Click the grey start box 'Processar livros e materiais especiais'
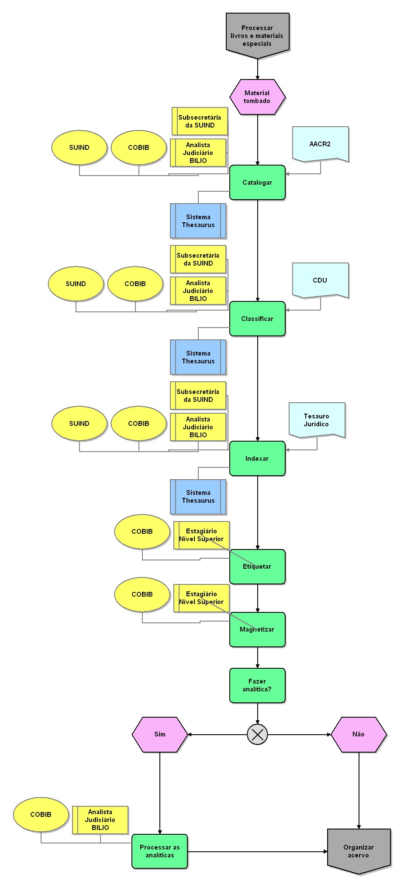pos(257,35)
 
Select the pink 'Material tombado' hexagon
pos(257,97)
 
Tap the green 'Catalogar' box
pos(257,183)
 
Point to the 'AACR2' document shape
pos(320,144)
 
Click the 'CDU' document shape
pos(320,280)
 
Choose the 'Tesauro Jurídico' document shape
pos(317,420)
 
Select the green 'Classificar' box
pos(257,319)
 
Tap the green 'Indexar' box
pos(257,458)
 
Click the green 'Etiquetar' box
pos(257,567)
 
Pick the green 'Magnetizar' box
pos(257,629)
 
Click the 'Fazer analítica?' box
pos(257,685)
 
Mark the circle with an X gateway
pos(257,734)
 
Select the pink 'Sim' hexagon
pos(160,734)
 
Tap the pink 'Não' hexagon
pos(359,734)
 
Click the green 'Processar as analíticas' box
pos(160,851)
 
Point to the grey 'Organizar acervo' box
pos(359,851)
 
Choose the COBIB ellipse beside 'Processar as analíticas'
pos(41,815)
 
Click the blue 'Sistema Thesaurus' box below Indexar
pos(198,497)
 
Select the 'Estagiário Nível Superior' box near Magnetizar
pos(201,598)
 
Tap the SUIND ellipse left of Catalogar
pos(79,148)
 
